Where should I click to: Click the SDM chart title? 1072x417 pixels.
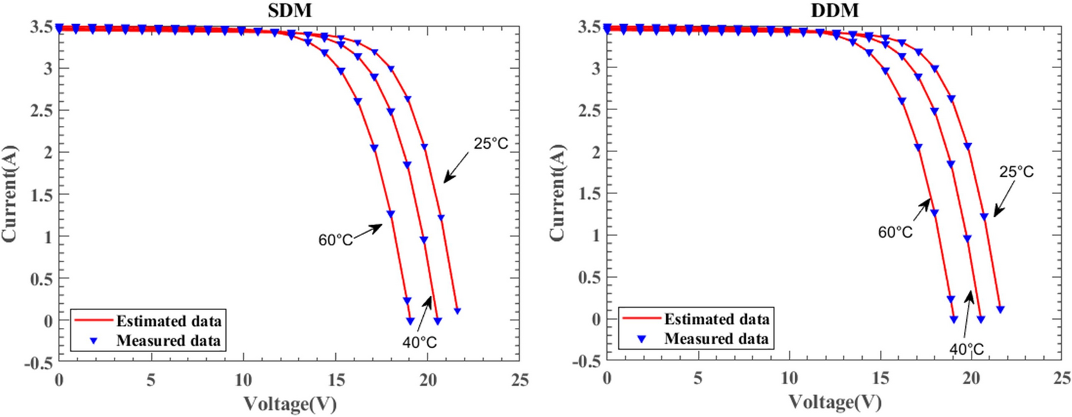pyautogui.click(x=289, y=10)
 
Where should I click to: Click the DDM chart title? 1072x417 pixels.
pyautogui.click(x=835, y=10)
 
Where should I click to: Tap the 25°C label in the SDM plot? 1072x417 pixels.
pyautogui.click(x=491, y=144)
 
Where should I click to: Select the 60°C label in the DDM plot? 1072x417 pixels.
pyautogui.click(x=895, y=233)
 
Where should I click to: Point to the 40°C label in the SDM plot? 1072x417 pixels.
pyautogui.click(x=419, y=343)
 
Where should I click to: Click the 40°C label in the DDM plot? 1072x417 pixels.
pyautogui.click(x=966, y=350)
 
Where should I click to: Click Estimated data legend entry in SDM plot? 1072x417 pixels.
pyautogui.click(x=169, y=320)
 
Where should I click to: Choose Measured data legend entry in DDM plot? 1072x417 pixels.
pyautogui.click(x=716, y=339)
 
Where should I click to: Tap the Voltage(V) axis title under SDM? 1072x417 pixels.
pyautogui.click(x=289, y=403)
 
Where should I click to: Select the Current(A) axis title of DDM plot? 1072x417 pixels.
pyautogui.click(x=557, y=193)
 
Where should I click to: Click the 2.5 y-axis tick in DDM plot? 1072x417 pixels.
pyautogui.click(x=590, y=110)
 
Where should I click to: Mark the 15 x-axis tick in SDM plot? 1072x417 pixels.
pyautogui.click(x=336, y=380)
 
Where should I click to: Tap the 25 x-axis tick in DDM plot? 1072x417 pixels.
pyautogui.click(x=1062, y=378)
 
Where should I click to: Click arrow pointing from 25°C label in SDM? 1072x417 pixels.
pyautogui.click(x=458, y=168)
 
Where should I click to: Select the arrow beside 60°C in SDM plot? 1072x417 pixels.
pyautogui.click(x=368, y=231)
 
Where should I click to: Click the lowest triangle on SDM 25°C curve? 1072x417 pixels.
pyautogui.click(x=457, y=311)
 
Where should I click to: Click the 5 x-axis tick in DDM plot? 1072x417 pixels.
pyautogui.click(x=698, y=378)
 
